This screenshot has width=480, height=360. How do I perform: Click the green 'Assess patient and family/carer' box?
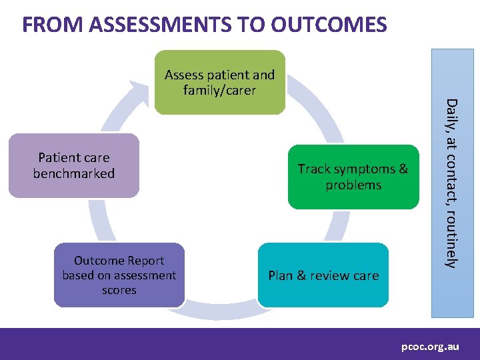(x=219, y=81)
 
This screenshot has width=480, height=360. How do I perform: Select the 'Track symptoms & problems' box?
(x=353, y=177)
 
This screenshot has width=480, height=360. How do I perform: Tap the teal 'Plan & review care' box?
(x=323, y=275)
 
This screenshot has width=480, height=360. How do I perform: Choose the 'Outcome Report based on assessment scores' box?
(x=119, y=275)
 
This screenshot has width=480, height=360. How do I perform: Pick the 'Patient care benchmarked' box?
(x=74, y=165)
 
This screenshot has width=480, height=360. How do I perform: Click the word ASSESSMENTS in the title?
(x=158, y=25)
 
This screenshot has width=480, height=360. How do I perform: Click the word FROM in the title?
(x=53, y=25)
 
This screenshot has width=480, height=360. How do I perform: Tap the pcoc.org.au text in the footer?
(x=430, y=347)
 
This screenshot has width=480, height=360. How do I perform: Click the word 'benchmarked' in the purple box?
(x=74, y=173)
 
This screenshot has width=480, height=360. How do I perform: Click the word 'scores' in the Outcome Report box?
(x=119, y=290)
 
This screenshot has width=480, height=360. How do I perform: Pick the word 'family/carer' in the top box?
(x=219, y=89)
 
